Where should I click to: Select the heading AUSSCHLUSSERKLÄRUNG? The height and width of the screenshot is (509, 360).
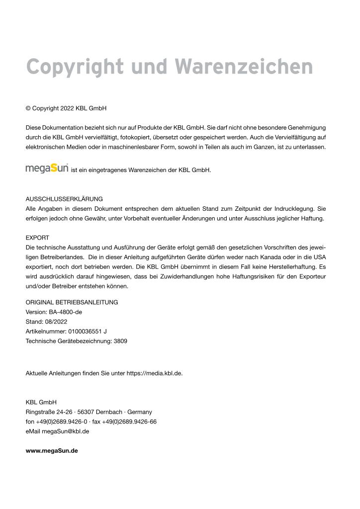(64, 199)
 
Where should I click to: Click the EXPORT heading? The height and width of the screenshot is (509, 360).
(37, 238)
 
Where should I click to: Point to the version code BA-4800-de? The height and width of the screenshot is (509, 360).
(66, 312)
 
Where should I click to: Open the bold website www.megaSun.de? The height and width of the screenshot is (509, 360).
(52, 451)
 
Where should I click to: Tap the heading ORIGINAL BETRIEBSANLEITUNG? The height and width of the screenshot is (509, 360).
(72, 302)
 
